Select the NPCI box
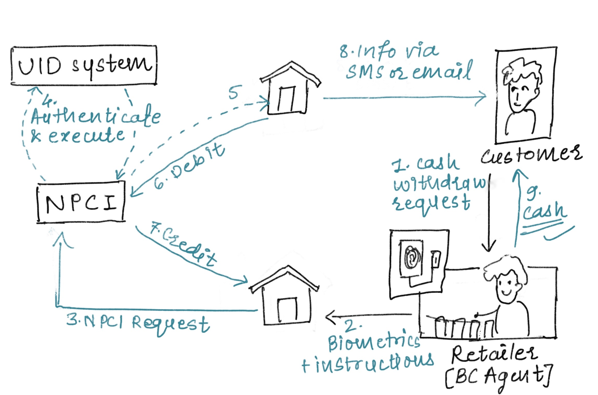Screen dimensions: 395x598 point(81,202)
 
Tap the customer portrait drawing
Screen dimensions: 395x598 point(525,95)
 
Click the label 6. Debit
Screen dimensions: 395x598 point(189,166)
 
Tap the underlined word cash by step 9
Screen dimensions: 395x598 point(544,211)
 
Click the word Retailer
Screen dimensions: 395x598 point(494,354)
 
